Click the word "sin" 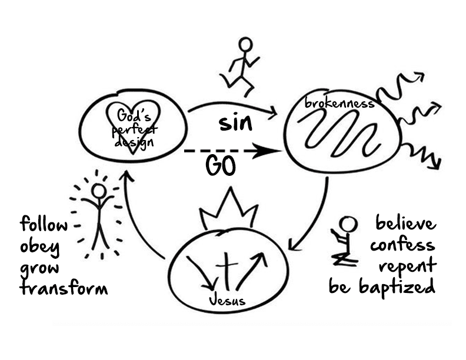click(x=235, y=124)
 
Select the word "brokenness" click(x=339, y=104)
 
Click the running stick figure click(x=241, y=66)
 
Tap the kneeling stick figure click(x=344, y=241)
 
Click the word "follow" click(x=44, y=224)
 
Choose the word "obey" click(x=40, y=246)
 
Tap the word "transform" click(x=64, y=288)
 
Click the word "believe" click(x=405, y=224)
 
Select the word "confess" click(x=404, y=245)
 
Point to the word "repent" click(x=407, y=266)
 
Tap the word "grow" click(x=39, y=268)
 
